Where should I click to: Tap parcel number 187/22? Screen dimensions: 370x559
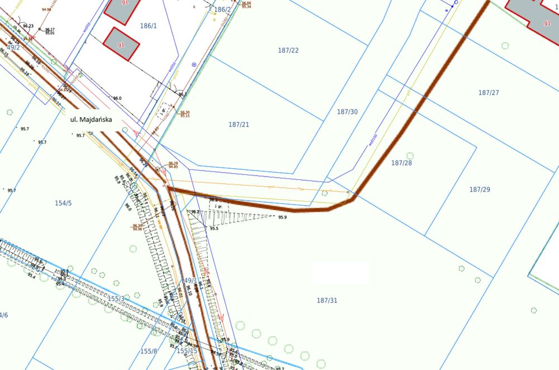(x=288, y=50)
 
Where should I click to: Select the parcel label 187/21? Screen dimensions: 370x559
(x=239, y=124)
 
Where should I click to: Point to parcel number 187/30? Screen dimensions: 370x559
(x=347, y=112)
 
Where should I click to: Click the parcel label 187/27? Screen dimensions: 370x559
(x=489, y=93)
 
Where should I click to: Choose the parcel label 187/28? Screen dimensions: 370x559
(x=401, y=163)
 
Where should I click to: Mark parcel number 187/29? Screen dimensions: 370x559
(x=480, y=189)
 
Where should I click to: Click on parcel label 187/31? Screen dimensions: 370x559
(x=327, y=301)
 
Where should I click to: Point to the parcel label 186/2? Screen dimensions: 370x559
(x=222, y=10)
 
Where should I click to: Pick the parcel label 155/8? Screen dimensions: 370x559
(x=149, y=351)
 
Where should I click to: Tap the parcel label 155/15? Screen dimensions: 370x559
(x=187, y=351)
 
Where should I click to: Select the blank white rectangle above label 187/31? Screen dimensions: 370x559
(x=341, y=273)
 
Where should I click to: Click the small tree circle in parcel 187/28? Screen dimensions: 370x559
(x=410, y=155)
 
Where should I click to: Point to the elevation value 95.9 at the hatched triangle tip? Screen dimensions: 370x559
(x=282, y=217)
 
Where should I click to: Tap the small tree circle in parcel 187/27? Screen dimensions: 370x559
(x=505, y=45)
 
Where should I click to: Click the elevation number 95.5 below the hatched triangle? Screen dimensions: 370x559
(x=214, y=229)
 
